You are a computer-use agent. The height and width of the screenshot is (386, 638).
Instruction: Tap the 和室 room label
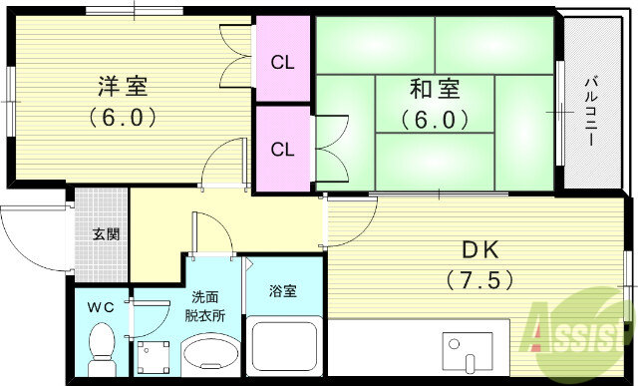(x=435, y=89)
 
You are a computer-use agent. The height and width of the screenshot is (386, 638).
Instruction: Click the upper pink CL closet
(x=283, y=62)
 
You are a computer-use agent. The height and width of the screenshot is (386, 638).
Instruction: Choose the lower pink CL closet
(x=283, y=150)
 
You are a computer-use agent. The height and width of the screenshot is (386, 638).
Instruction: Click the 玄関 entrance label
(x=107, y=235)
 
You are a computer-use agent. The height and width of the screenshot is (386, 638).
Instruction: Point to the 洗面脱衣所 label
(x=209, y=306)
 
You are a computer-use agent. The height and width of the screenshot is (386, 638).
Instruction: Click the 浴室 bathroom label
(x=283, y=291)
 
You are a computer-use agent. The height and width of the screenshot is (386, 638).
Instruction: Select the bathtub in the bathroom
(x=284, y=349)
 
